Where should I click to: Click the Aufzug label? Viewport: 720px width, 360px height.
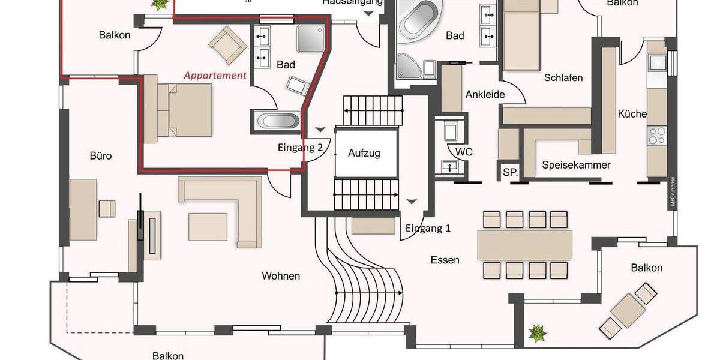[364, 153]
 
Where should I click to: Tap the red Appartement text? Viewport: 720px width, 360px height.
[215, 76]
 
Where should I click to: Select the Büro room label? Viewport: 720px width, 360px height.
[101, 156]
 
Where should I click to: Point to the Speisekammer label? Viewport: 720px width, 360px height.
[576, 165]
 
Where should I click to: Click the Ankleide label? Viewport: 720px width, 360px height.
[485, 94]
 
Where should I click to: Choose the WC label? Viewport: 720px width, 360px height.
[464, 152]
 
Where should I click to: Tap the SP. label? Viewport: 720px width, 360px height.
[510, 172]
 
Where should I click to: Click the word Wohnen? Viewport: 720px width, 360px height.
[281, 276]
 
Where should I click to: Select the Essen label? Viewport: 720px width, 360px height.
[445, 260]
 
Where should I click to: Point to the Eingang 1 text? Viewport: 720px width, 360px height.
[428, 228]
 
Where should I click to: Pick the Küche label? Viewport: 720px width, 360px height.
[632, 114]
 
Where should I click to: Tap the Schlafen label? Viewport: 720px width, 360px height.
[563, 78]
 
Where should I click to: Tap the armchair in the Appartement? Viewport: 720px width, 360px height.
[228, 44]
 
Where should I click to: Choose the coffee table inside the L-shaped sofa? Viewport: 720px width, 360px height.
[208, 226]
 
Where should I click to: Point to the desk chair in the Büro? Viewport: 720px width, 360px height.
[107, 208]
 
